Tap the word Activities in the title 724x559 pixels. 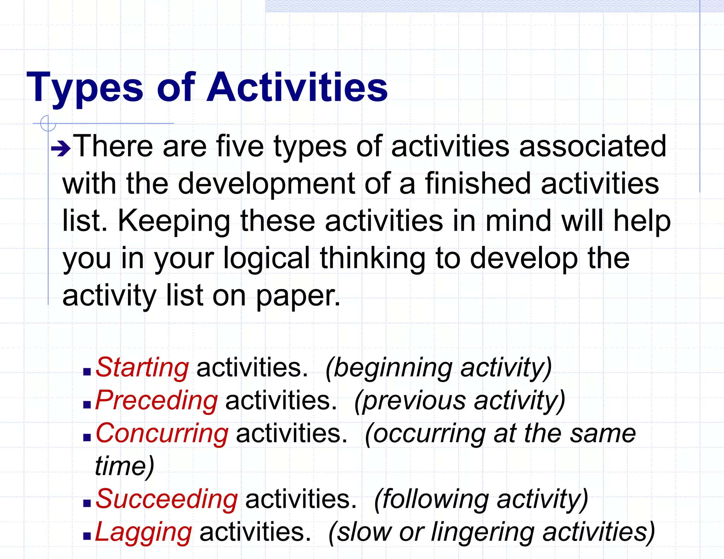(297, 87)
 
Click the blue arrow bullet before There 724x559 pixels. (60, 149)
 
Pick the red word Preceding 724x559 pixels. (157, 401)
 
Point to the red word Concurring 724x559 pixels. (162, 434)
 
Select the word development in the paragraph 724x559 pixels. (266, 183)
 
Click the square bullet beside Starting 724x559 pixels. (87, 372)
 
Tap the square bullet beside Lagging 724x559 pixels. (87, 536)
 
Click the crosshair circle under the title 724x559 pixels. (48, 123)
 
